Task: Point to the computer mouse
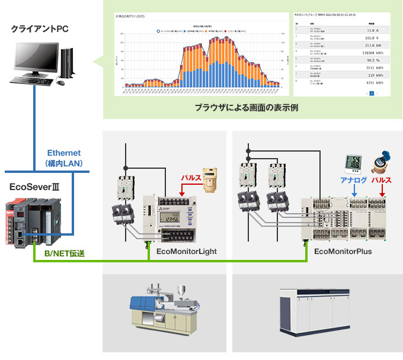[60, 83]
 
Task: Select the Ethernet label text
[63, 153]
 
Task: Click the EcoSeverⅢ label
[35, 186]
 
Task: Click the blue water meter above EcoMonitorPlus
[380, 163]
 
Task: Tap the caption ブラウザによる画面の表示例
[246, 108]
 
